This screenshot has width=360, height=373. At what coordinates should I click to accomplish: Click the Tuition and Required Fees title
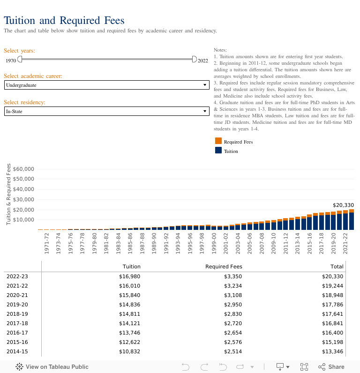64,20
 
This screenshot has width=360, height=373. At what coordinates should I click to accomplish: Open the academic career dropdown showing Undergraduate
106,85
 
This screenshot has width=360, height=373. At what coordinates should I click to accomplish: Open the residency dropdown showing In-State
106,111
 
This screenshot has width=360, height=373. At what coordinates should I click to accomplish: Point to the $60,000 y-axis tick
23,169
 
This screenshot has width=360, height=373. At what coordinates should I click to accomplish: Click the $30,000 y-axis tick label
23,199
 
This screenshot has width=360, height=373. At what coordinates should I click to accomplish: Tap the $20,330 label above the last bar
343,205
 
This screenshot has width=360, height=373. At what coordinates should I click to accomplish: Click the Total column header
337,266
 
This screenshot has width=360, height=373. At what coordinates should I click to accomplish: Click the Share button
331,367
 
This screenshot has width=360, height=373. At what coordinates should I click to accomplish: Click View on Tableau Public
52,367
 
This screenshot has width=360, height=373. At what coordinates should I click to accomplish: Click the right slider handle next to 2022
195,59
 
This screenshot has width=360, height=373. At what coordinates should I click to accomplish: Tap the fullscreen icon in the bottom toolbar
304,367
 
